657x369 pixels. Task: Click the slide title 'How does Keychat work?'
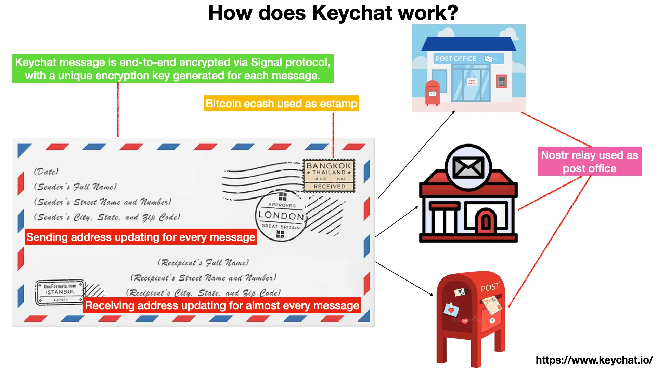pos(333,13)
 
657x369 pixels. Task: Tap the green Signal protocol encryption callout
pos(172,69)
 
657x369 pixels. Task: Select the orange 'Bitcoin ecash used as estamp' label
pos(281,103)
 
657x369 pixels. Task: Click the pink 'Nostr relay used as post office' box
pos(589,161)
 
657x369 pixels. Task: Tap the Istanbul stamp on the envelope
pos(60,292)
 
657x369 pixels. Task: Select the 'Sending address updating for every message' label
pos(141,237)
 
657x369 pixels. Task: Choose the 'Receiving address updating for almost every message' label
pos(222,305)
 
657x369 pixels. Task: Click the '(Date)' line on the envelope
pos(46,172)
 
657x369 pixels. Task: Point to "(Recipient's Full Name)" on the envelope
pos(203,262)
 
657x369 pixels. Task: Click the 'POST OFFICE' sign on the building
pos(455,59)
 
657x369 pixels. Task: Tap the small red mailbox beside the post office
pos(433,93)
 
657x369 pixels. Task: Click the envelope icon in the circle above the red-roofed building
pos(468,167)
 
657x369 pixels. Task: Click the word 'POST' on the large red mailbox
pos(490,287)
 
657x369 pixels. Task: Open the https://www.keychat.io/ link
pos(594,360)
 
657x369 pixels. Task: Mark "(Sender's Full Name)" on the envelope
pos(75,187)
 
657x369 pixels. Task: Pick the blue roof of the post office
pos(468,44)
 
